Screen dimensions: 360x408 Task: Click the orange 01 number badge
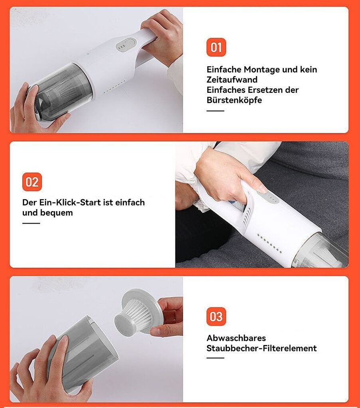pos(216,47)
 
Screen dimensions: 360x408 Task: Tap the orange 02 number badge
pos(32,182)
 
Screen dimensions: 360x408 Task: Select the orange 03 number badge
pos(216,316)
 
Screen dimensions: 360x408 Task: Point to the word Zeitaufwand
pos(232,80)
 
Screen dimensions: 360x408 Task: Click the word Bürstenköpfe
pos(234,100)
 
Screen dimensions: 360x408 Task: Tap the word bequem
pos(56,213)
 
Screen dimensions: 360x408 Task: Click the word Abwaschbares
pos(236,338)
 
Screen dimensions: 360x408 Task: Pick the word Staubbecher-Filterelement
pos(262,348)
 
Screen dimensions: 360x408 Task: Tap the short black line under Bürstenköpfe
pos(215,111)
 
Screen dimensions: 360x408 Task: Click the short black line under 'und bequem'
pos(31,223)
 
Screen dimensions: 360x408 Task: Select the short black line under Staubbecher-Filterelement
pos(215,358)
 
